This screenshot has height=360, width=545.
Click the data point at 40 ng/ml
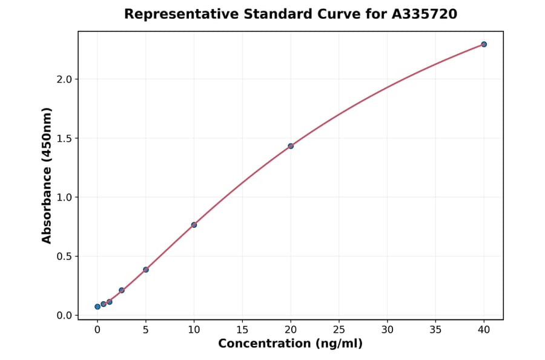[x=484, y=44]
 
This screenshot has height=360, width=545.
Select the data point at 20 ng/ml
[x=291, y=146]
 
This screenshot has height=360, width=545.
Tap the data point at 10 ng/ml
[x=194, y=225]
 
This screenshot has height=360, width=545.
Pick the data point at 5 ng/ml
[x=146, y=270]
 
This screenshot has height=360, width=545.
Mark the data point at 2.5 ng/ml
[x=122, y=290]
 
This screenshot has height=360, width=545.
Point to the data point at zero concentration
[x=97, y=307]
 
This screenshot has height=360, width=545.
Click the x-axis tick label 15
[x=242, y=330]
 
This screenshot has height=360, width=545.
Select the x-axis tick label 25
[x=339, y=330]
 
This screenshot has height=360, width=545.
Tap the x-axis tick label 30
[x=388, y=330]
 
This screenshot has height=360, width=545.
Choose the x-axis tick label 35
[x=436, y=330]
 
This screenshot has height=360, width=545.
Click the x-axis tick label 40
[x=484, y=330]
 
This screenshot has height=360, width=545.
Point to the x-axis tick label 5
[x=146, y=330]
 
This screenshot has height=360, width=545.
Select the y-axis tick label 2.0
[x=64, y=79]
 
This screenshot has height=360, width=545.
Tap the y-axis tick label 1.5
[x=64, y=138]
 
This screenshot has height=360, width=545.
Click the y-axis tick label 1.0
[x=64, y=198]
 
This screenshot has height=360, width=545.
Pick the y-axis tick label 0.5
[x=64, y=256]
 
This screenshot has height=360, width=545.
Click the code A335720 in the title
[x=424, y=14]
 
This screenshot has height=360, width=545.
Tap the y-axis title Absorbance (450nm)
[x=47, y=175]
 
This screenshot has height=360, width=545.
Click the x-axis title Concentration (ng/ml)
[x=290, y=344]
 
